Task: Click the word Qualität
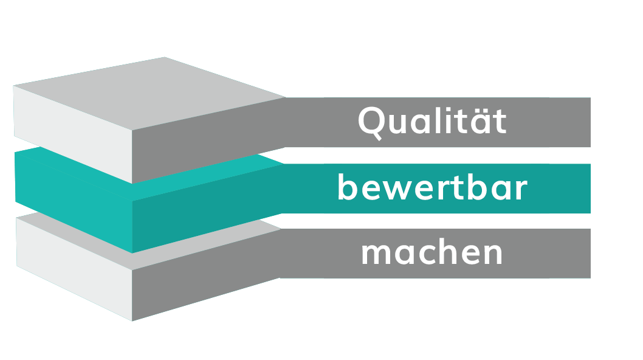(432, 122)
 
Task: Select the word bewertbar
(432, 189)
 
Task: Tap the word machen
(432, 253)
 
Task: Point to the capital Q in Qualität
(371, 122)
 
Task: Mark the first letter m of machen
(375, 254)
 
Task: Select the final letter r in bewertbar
(520, 190)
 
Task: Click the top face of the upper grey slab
(152, 91)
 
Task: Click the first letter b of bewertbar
(346, 187)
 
